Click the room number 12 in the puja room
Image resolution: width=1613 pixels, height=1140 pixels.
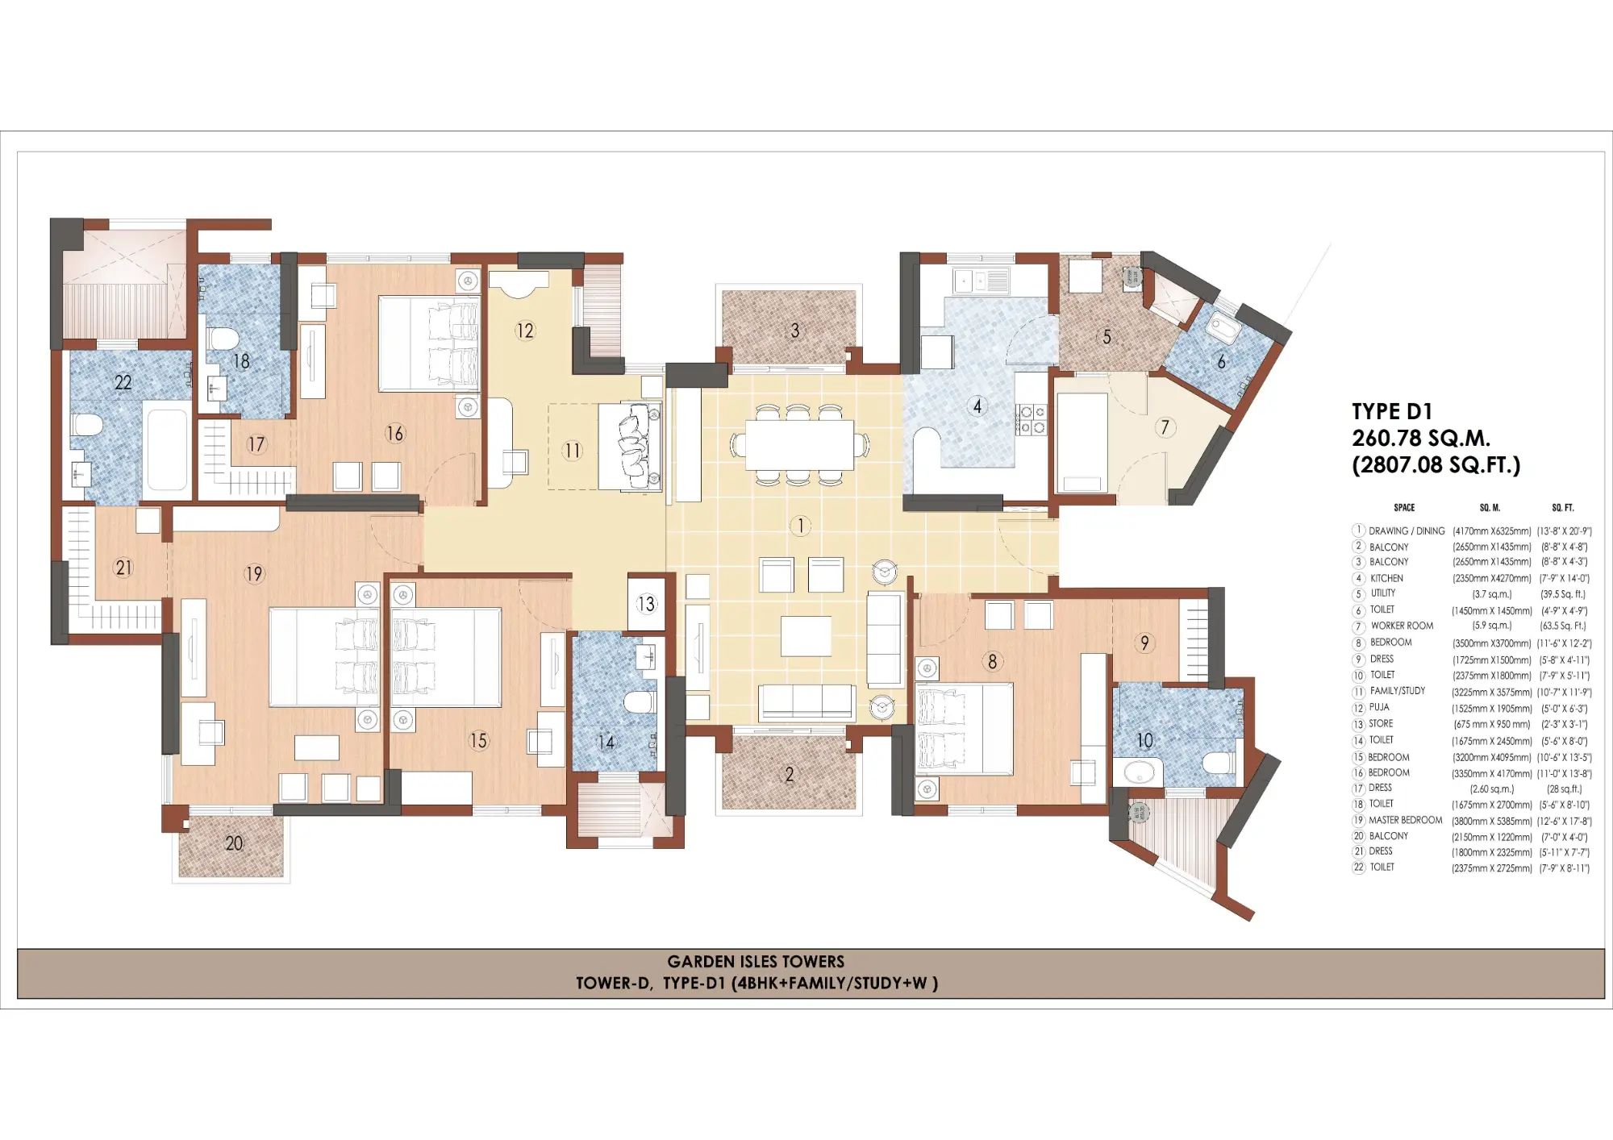tap(525, 331)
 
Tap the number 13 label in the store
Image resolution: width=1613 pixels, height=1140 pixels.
tap(646, 604)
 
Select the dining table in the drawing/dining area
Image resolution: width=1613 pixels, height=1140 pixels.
tap(799, 444)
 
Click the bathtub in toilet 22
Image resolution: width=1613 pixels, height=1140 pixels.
tap(168, 449)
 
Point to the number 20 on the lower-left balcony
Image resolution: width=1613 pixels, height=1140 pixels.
tap(234, 843)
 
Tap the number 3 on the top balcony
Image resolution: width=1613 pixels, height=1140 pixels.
tap(794, 331)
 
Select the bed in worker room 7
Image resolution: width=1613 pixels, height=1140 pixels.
tap(1082, 443)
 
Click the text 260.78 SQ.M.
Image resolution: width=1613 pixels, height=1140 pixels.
tap(1420, 439)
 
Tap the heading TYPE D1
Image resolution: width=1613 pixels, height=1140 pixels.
tap(1392, 411)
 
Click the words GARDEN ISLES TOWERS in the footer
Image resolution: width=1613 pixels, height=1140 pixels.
tap(756, 961)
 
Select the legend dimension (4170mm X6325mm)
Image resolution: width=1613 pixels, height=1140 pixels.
tap(1491, 531)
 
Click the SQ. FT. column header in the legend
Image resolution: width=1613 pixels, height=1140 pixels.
tap(1562, 508)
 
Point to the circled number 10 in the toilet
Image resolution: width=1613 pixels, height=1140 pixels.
tap(1144, 740)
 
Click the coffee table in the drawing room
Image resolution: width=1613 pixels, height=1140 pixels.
tap(806, 636)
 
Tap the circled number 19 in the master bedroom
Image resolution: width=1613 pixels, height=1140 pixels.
tap(254, 574)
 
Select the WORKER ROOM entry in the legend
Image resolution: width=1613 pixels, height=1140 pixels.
tap(1402, 626)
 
